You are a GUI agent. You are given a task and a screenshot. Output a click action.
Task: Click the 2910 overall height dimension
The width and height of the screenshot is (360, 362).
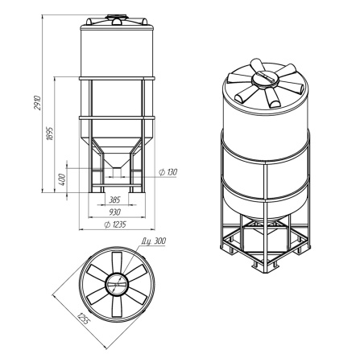click(38, 102)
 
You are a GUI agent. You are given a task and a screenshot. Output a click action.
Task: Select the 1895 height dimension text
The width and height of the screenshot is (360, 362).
click(50, 133)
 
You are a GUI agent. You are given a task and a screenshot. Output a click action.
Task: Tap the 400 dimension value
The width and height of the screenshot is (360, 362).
click(62, 179)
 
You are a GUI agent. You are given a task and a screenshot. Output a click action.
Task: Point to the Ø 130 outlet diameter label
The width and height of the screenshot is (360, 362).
click(168, 172)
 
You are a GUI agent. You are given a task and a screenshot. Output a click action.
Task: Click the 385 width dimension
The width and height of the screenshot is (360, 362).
click(114, 200)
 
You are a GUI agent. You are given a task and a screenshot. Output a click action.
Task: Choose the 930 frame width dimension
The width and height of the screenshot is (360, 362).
click(115, 212)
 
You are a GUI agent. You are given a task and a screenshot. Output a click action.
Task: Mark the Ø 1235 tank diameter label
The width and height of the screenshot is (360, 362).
click(115, 224)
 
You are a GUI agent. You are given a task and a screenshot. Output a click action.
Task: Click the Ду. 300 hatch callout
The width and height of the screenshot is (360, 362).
click(154, 241)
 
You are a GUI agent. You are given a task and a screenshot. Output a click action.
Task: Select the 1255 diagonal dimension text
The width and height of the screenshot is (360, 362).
click(82, 319)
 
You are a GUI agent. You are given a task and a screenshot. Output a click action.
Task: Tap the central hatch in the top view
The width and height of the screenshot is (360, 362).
click(117, 284)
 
